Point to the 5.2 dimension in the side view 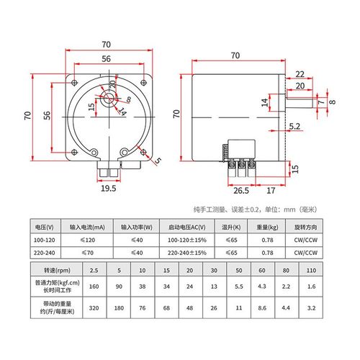294,127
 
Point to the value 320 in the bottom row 92,307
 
